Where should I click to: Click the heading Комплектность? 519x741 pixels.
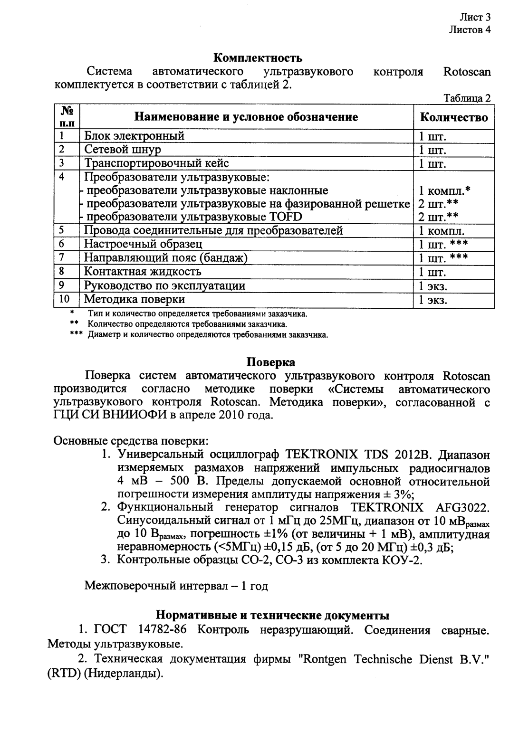coord(258,58)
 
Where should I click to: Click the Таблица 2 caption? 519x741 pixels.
coord(466,98)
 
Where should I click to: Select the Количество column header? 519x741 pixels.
coord(454,117)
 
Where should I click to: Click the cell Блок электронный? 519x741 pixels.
coord(135,136)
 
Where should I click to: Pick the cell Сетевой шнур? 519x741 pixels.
coord(123,150)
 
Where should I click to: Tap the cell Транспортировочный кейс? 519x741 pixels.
coord(156,163)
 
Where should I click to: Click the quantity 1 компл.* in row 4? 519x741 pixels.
coord(444,191)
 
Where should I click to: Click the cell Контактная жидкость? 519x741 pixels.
coord(143,272)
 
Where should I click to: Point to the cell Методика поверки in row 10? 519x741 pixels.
coord(135,299)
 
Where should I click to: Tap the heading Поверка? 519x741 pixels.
coord(270,362)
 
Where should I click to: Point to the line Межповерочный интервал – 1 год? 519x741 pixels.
coord(176,586)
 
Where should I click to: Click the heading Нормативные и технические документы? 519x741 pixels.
coord(273,615)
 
